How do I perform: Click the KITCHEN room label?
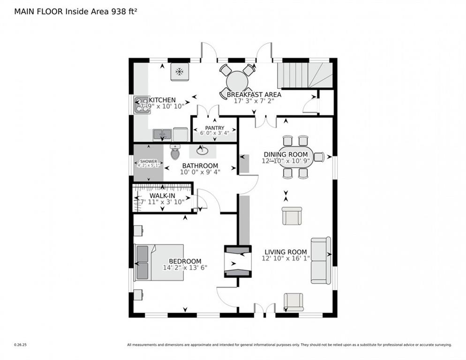(162, 100)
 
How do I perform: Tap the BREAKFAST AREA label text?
(254, 94)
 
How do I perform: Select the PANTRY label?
(214, 128)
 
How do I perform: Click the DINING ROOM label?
(286, 155)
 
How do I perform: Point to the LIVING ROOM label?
(286, 252)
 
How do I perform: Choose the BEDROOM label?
(185, 261)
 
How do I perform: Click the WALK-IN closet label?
(162, 195)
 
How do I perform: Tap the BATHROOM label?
(200, 165)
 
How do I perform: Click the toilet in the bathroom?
(175, 152)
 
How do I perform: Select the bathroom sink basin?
(203, 151)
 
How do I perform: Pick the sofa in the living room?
(321, 260)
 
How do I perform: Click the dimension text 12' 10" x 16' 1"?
(286, 259)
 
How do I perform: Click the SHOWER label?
(148, 161)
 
